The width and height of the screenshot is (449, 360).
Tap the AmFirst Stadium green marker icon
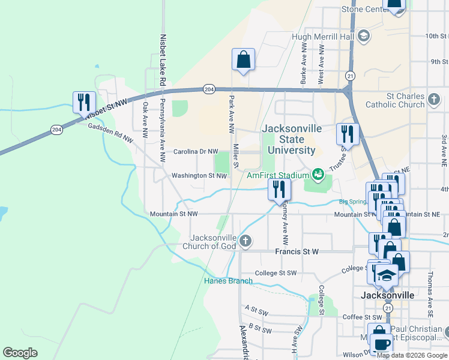tap(318, 175)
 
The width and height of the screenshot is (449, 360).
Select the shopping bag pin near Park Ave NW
tap(243, 60)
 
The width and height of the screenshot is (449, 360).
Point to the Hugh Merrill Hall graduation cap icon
tap(363, 37)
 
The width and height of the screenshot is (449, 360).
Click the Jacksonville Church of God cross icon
tap(245, 241)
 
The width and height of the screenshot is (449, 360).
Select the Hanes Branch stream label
tap(228, 281)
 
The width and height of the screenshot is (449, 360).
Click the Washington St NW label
tap(199, 176)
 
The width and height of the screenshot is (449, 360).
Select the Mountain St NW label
tap(173, 214)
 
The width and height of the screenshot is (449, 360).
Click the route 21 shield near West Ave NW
tap(350, 76)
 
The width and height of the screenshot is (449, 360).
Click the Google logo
tap(20, 353)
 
